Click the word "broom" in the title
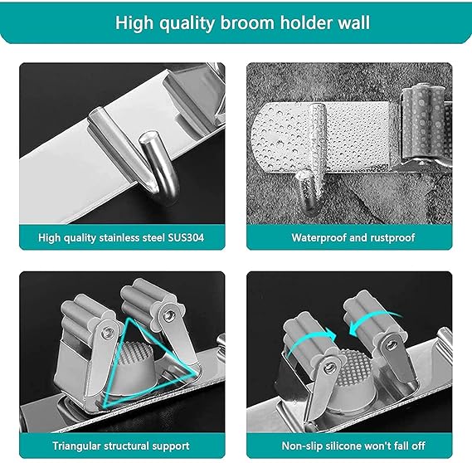pos(247,23)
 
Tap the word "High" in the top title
pos(134,23)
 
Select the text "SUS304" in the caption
pos(186,237)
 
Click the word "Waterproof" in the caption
pos(319,238)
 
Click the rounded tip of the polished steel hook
pos(148,138)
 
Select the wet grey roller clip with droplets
pos(425,125)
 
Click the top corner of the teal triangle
pos(130,319)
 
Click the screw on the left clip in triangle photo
pos(107,334)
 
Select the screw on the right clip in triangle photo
pos(168,315)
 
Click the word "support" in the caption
pos(171,446)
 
